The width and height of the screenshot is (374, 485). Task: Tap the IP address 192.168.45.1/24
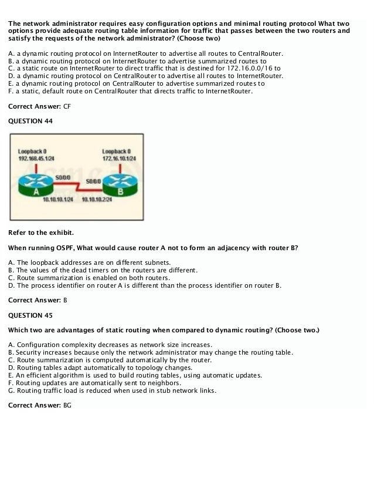coord(37,159)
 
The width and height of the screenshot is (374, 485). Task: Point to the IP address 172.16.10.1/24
coord(119,159)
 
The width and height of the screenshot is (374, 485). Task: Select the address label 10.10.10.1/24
coord(58,200)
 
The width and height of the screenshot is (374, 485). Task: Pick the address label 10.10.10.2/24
coord(97,200)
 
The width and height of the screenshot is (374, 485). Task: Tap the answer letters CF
coord(66,106)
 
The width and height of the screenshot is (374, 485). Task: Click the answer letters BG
coord(67,406)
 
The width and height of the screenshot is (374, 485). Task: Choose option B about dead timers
coord(103,270)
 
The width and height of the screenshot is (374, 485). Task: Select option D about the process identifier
coord(145,285)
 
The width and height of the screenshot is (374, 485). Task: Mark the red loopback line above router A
coord(37,169)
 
